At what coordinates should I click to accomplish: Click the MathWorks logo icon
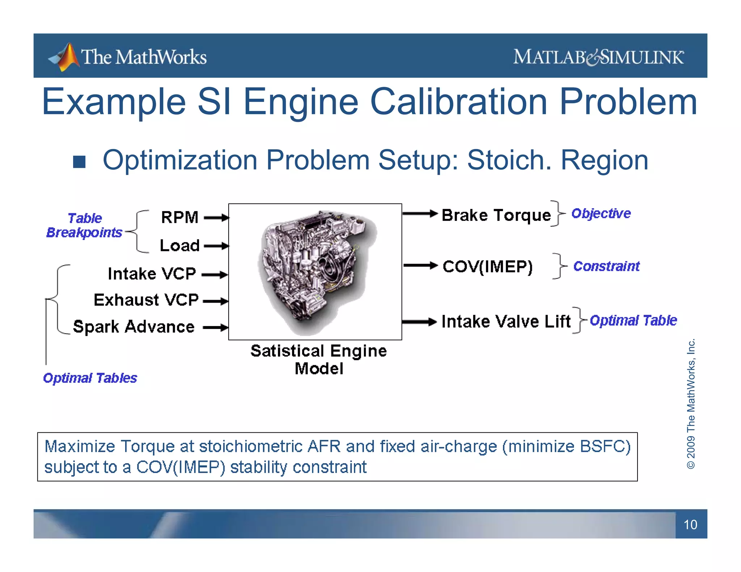65,57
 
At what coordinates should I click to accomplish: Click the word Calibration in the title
460,102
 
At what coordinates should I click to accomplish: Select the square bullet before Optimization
79,162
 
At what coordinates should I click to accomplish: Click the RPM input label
179,217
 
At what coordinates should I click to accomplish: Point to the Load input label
179,246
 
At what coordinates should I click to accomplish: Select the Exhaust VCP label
146,300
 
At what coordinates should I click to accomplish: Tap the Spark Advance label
134,327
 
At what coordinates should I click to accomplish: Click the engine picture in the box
315,271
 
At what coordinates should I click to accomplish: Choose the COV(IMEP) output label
487,267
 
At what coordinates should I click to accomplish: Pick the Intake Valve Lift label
506,321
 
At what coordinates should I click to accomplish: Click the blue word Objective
601,213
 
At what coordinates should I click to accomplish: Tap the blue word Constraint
606,266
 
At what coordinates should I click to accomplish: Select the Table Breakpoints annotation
84,225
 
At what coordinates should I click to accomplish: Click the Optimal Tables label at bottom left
90,378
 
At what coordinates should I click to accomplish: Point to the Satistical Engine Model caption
318,359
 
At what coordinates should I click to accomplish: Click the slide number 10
690,525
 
